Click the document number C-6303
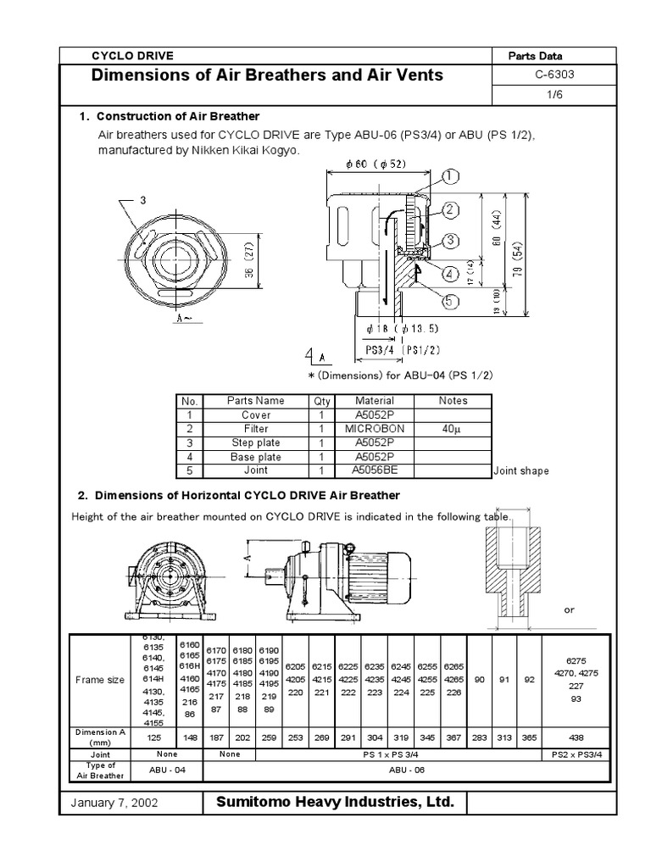pos(551,74)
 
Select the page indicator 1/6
pos(551,95)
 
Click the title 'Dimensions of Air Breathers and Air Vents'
pos(267,75)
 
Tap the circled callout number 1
pos(449,176)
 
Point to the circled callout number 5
pos(448,299)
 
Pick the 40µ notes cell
pos(453,429)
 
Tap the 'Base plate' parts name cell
pos(256,456)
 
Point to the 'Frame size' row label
pos(100,679)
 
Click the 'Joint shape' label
pos(520,471)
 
